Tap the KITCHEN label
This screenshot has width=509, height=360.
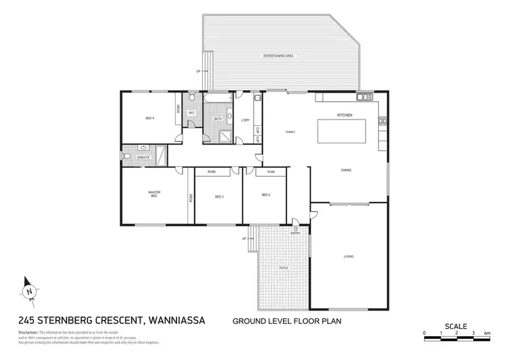point(345,115)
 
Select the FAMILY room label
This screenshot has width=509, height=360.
point(290,131)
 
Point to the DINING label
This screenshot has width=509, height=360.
point(346,170)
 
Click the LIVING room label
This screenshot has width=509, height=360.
point(348,256)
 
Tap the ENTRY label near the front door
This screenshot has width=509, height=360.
point(295,233)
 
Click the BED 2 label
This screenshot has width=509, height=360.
point(266,196)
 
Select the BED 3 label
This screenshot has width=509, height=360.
point(219,196)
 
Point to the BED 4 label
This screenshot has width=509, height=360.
point(150,118)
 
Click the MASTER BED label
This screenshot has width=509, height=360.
point(153,194)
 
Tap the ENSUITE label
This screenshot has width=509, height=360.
point(143,158)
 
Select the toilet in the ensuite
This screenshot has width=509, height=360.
point(128,158)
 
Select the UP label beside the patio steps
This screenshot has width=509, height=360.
point(244,239)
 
